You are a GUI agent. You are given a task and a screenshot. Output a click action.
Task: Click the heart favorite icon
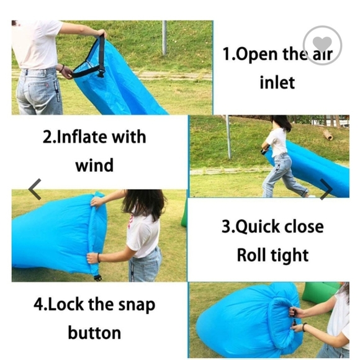[x=322, y=45]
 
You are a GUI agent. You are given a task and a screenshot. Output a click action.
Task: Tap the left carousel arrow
[x=35, y=189]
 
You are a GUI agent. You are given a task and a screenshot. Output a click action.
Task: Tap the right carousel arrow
[x=326, y=189]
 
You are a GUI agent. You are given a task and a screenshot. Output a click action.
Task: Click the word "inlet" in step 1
[x=277, y=83]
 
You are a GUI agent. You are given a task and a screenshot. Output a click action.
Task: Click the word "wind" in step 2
[x=94, y=165]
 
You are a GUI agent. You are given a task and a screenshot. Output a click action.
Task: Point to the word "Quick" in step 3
[x=258, y=227]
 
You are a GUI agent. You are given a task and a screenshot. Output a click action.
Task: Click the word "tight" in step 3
[x=289, y=256]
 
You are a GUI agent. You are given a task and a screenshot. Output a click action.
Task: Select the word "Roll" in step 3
[x=251, y=255]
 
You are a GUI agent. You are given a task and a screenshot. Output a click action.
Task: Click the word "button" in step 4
[x=94, y=333]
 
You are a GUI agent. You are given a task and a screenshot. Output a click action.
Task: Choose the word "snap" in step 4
[x=137, y=305]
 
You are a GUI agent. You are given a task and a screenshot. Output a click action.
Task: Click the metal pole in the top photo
[x=164, y=38]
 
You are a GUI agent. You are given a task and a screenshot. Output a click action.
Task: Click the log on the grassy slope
[x=328, y=135]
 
